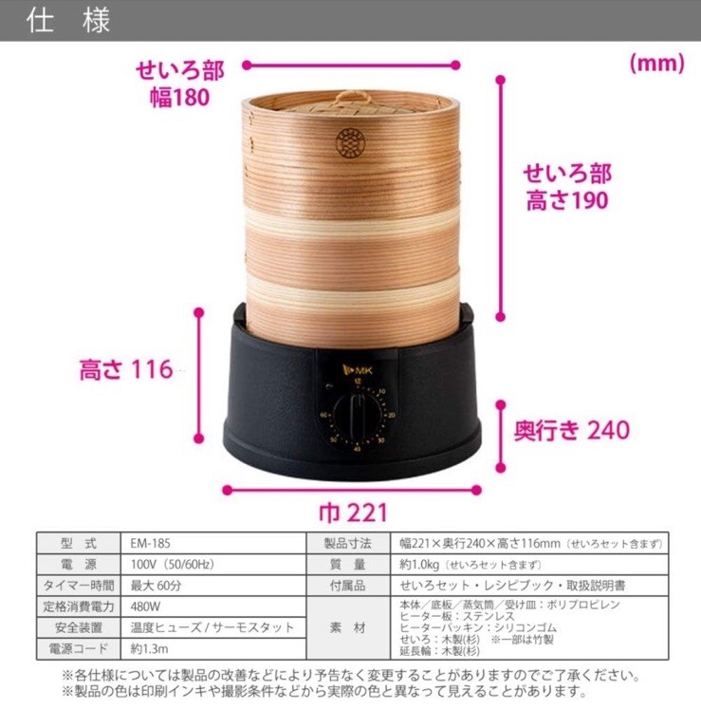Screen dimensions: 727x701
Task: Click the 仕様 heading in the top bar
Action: (68, 21)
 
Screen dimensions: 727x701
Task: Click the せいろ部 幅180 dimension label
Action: (179, 84)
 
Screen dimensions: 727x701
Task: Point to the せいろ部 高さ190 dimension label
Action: (567, 186)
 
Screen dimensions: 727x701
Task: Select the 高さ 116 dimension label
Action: (126, 369)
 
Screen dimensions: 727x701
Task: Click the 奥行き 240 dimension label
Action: (571, 430)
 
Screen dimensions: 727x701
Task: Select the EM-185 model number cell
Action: (147, 544)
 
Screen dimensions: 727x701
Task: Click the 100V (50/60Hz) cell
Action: (173, 565)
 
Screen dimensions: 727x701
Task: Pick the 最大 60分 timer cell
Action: (158, 586)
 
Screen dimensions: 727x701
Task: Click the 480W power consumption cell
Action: (145, 606)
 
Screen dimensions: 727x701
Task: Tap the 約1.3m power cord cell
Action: (149, 649)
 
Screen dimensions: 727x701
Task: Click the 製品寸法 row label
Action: (345, 544)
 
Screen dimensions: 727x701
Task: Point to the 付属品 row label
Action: (345, 586)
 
